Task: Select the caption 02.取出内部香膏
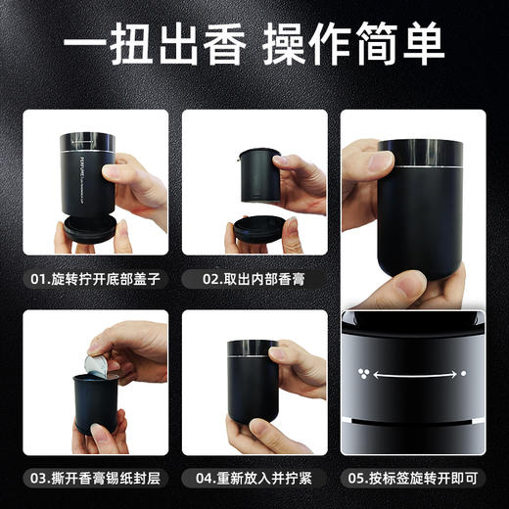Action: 253,278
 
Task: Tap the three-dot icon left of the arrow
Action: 364,373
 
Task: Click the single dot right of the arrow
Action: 464,373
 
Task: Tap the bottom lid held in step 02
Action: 257,232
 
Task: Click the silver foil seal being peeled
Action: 97,365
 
